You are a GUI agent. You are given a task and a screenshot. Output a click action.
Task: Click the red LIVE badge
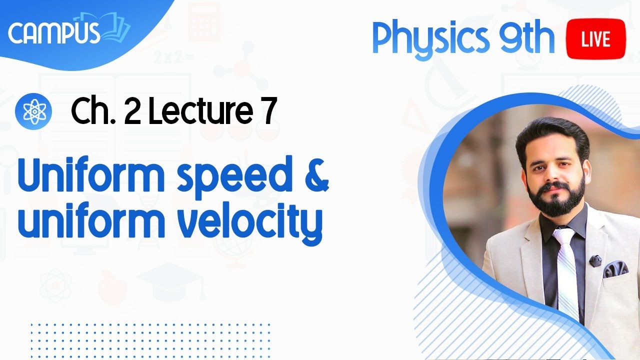click(x=596, y=39)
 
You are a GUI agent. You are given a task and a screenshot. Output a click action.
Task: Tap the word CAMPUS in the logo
click(x=54, y=33)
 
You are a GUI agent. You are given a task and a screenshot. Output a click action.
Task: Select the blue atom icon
click(x=34, y=111)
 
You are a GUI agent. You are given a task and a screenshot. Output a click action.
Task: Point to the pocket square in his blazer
click(x=615, y=269)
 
